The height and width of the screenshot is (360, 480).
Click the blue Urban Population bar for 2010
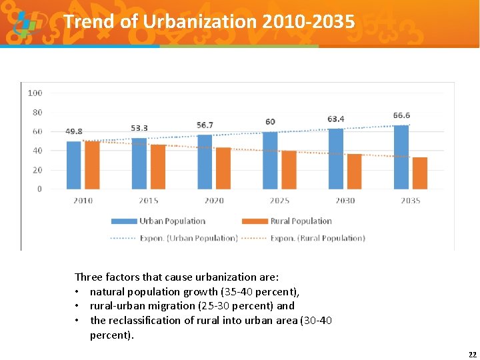click(x=73, y=165)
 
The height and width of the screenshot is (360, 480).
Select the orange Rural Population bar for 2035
click(x=420, y=173)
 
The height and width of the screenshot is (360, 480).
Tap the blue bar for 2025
click(x=270, y=161)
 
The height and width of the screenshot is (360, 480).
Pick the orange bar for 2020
click(x=223, y=169)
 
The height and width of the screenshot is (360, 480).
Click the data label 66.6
click(x=401, y=115)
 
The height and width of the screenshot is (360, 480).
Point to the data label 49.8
click(x=74, y=132)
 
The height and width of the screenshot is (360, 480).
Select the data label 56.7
click(x=205, y=125)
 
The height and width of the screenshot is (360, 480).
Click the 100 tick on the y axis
click(x=35, y=93)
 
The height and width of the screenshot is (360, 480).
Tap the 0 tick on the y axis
click(x=39, y=189)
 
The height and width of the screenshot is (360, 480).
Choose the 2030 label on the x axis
click(x=345, y=201)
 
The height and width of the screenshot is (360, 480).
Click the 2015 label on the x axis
click(x=149, y=201)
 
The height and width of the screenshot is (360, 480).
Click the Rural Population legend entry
click(x=301, y=221)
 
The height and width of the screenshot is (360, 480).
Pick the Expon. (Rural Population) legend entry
click(x=317, y=238)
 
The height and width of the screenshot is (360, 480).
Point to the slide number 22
click(x=472, y=354)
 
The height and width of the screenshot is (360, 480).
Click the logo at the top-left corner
click(x=25, y=23)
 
